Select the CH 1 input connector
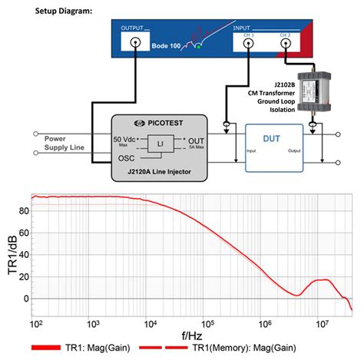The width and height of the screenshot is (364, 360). click(x=248, y=45)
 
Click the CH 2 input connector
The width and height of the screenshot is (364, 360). click(x=285, y=45)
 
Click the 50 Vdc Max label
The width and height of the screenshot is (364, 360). click(x=127, y=141)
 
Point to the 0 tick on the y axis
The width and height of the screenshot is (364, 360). click(x=25, y=298)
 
